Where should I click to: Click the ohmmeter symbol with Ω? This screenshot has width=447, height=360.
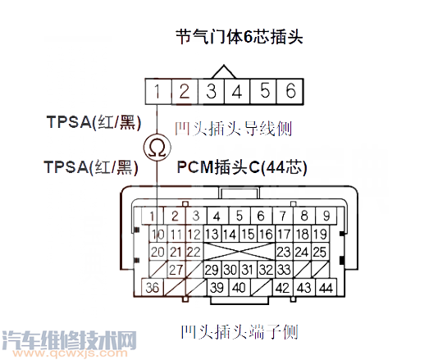(x=157, y=148)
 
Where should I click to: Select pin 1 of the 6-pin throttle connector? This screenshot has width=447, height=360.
(x=157, y=90)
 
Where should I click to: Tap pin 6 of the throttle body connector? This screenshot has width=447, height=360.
(x=290, y=90)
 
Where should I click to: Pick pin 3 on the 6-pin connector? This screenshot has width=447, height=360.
(x=211, y=90)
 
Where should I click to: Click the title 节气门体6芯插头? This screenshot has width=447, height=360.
(x=234, y=37)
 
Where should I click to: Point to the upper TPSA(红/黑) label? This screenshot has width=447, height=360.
(x=94, y=122)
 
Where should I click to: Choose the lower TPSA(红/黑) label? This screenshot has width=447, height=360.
(x=91, y=167)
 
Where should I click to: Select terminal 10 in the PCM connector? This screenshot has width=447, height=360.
(x=153, y=234)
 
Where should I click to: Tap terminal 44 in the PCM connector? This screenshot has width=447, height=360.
(x=326, y=288)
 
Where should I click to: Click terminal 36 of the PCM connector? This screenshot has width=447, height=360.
(x=153, y=288)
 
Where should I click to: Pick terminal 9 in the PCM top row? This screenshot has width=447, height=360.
(x=326, y=216)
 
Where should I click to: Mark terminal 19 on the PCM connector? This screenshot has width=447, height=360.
(x=319, y=234)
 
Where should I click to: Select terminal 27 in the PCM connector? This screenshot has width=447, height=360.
(x=175, y=269)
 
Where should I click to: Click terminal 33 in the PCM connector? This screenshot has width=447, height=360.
(x=284, y=269)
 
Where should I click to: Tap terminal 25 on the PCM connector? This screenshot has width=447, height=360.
(x=319, y=252)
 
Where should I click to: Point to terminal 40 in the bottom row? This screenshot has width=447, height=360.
(x=238, y=288)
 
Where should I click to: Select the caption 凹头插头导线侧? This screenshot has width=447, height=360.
(x=234, y=129)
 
